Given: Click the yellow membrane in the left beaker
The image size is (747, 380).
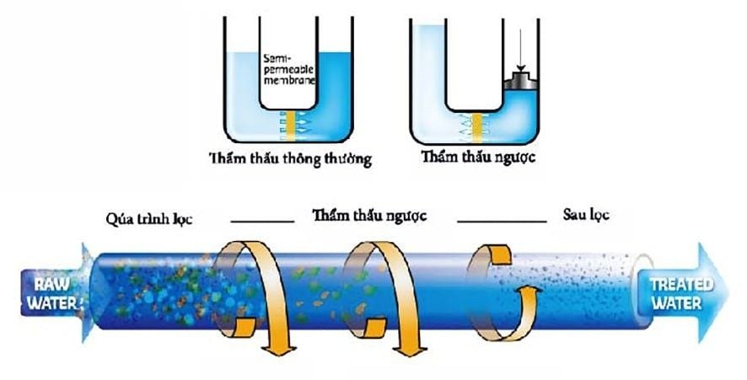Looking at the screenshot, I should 291,124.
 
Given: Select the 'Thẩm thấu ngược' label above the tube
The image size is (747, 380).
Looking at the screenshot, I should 368,215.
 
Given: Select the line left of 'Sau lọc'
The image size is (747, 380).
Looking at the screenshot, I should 502,221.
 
